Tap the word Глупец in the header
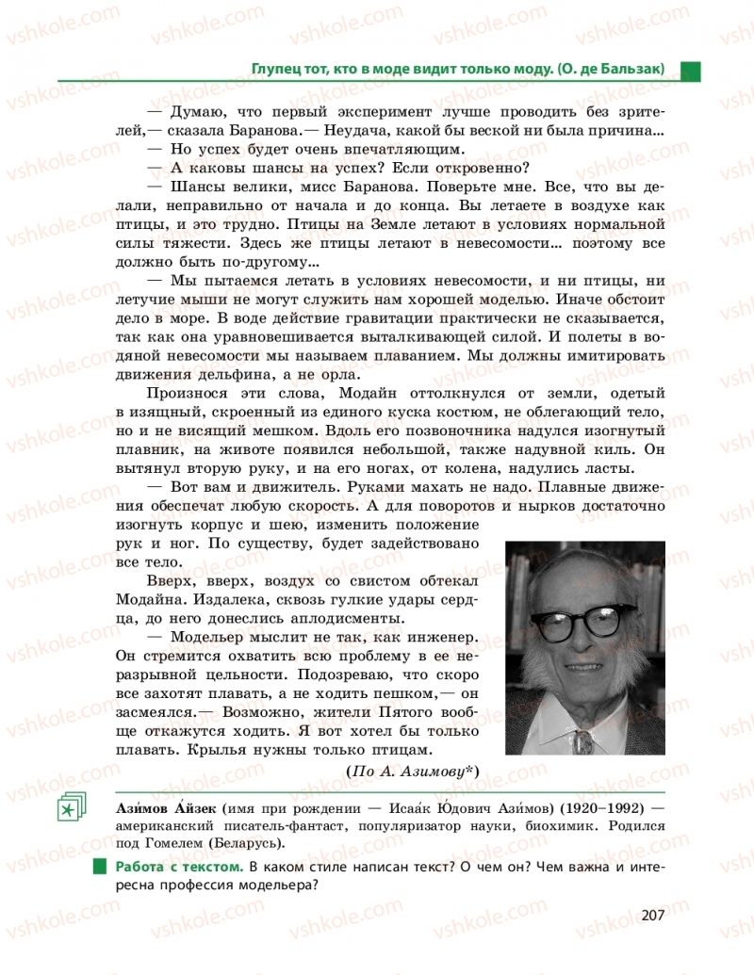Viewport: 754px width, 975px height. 274,69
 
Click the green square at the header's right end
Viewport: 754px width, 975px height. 691,71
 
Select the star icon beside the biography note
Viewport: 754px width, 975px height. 70,807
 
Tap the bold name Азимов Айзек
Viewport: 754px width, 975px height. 165,808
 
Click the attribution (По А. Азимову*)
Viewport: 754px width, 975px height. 413,772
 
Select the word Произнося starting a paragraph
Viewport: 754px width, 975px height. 189,411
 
